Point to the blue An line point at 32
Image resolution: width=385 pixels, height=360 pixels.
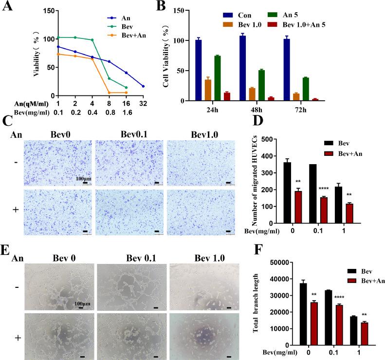point(143,86)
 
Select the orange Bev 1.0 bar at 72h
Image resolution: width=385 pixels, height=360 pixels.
point(283,97)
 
